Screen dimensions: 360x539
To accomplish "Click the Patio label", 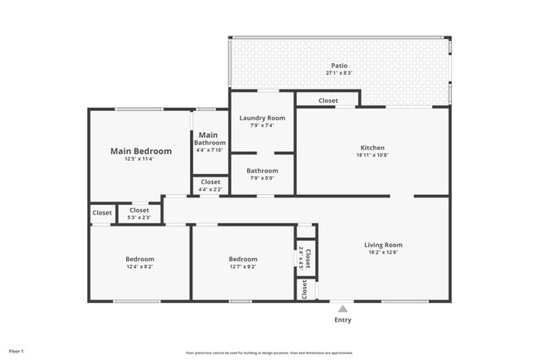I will pos(338,66).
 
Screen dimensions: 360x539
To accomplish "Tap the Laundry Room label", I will pos(262,119).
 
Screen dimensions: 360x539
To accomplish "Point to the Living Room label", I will pos(383,245).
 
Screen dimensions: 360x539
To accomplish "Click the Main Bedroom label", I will pos(141,151).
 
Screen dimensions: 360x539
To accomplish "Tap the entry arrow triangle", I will pos(342,309).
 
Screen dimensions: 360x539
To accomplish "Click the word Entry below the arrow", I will pos(342,320).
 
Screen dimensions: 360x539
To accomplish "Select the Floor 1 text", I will pos(17,352).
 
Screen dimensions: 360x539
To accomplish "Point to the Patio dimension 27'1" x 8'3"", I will pos(338,73).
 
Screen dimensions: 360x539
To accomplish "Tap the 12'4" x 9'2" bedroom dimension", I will pos(139,267).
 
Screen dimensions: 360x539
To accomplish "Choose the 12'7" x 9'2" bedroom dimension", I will pos(243,267).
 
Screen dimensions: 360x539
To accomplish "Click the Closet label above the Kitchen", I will pos(328,101).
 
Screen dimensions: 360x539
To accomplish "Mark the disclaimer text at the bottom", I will pos(269,353).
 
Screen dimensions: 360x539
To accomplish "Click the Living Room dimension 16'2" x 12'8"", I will pos(383,252).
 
